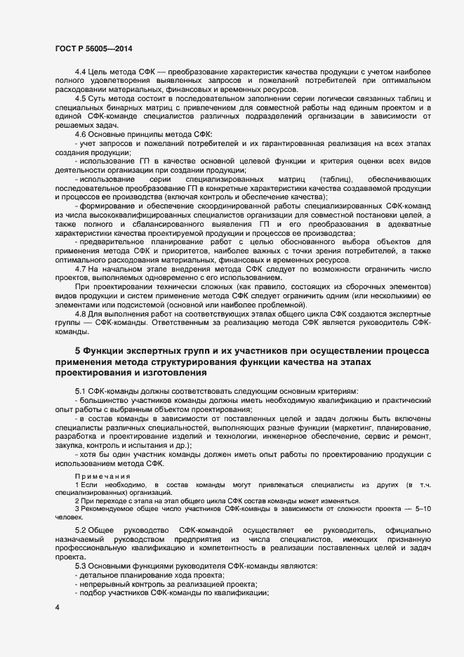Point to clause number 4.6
[81, 133]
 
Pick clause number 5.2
[81, 529]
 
